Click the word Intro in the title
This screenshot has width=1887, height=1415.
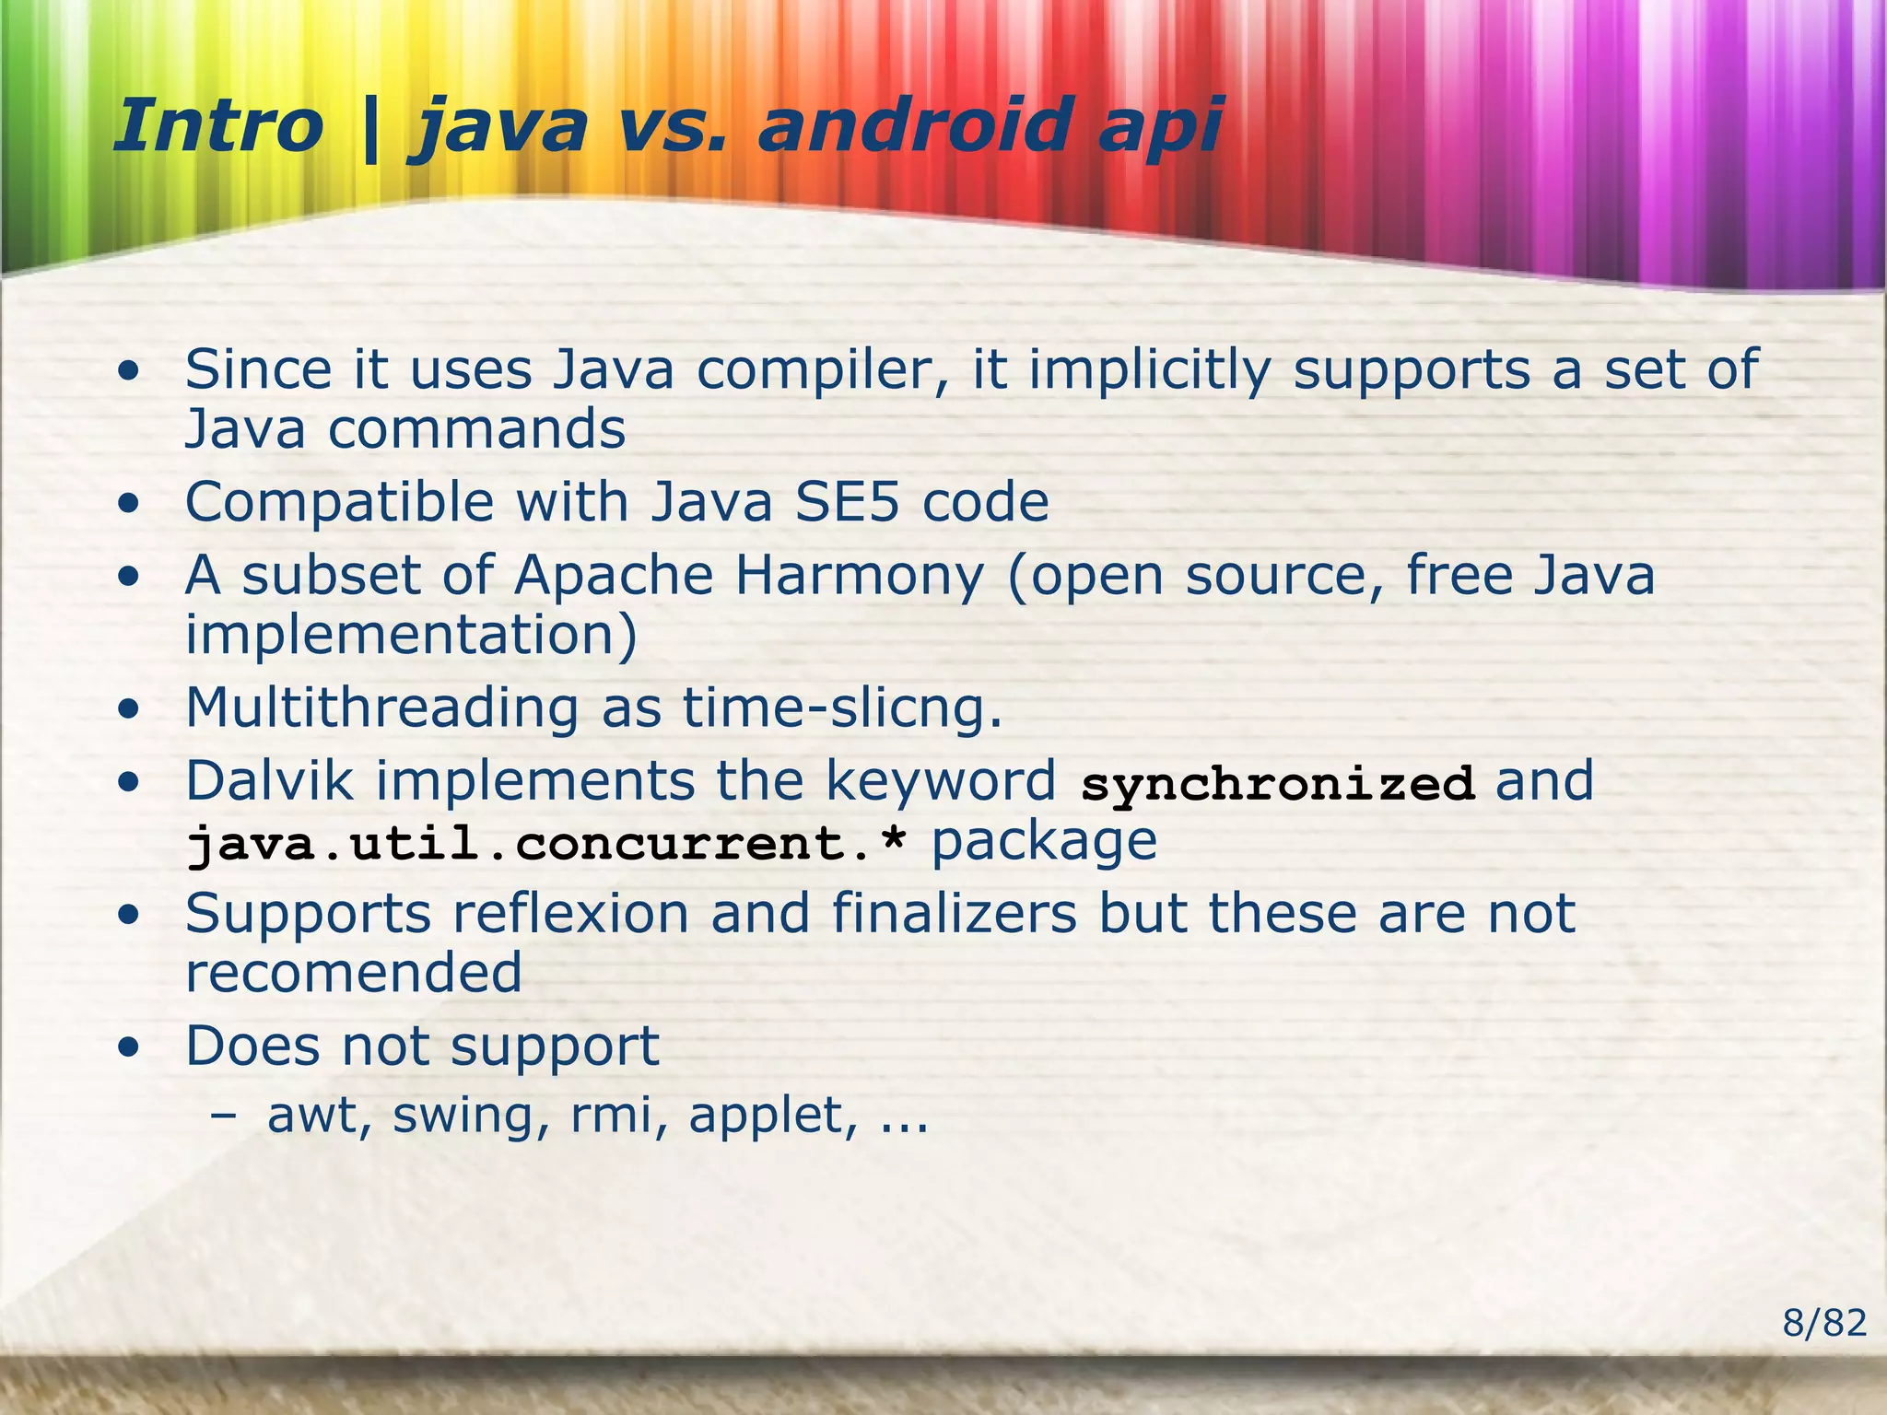pos(218,126)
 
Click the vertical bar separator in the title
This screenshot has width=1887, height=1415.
pos(370,128)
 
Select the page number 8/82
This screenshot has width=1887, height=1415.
pos(1823,1324)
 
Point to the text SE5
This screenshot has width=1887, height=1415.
pos(847,502)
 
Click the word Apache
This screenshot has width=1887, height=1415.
pos(614,576)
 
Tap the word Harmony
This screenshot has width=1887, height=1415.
pos(860,576)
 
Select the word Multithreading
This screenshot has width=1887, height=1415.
pos(381,707)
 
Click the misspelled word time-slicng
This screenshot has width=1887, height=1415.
pos(842,707)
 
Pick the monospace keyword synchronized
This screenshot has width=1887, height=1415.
pos(1278,784)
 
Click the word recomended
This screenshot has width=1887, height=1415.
pos(354,974)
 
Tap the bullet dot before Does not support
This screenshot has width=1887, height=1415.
pos(130,1047)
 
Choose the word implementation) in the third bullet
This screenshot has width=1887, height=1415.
pos(411,635)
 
